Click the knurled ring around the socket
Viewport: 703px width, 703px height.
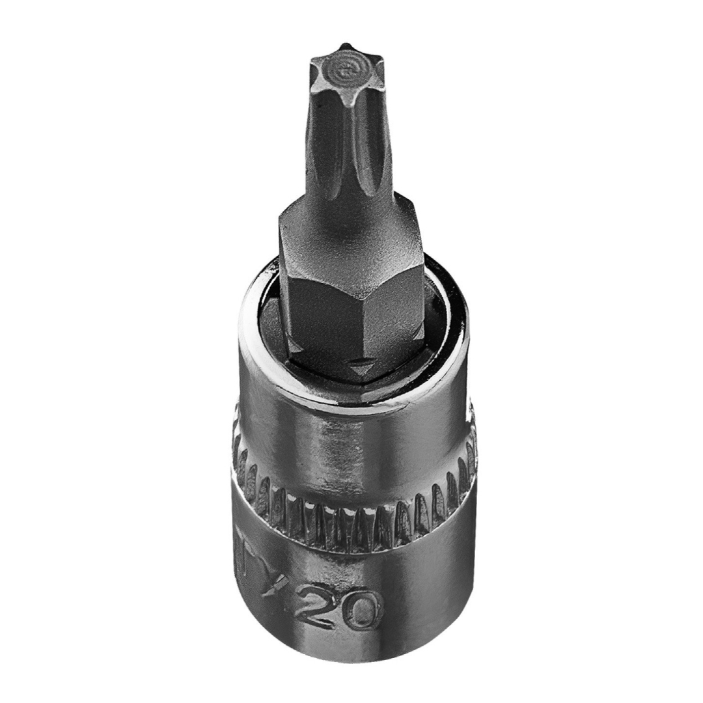(x=351, y=514)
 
